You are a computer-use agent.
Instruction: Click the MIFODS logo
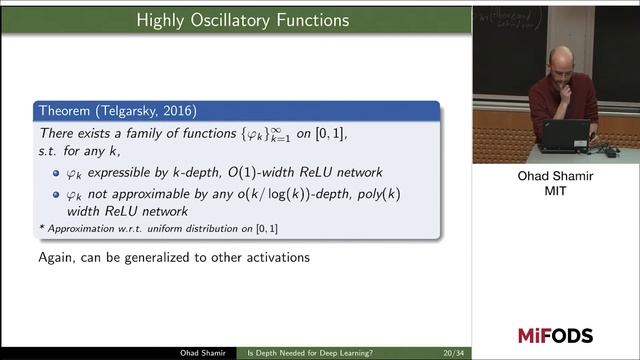555,335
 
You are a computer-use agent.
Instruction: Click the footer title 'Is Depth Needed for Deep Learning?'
310,353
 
